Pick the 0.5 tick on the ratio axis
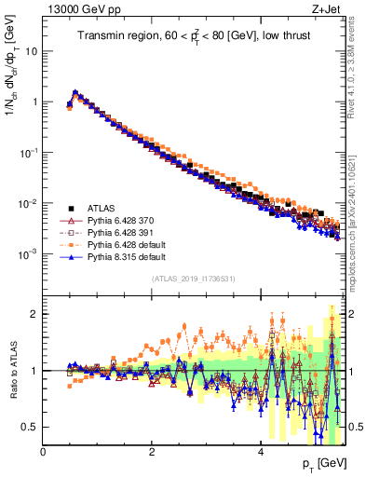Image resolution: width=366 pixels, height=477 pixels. coord(32,427)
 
